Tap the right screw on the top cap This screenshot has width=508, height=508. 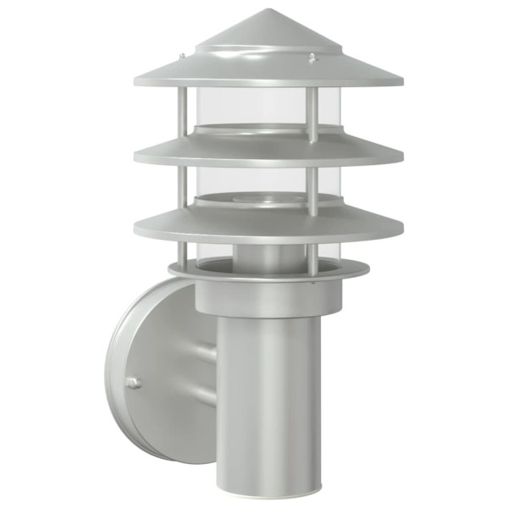tap(313, 58)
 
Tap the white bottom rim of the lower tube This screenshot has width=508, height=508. tap(268, 489)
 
